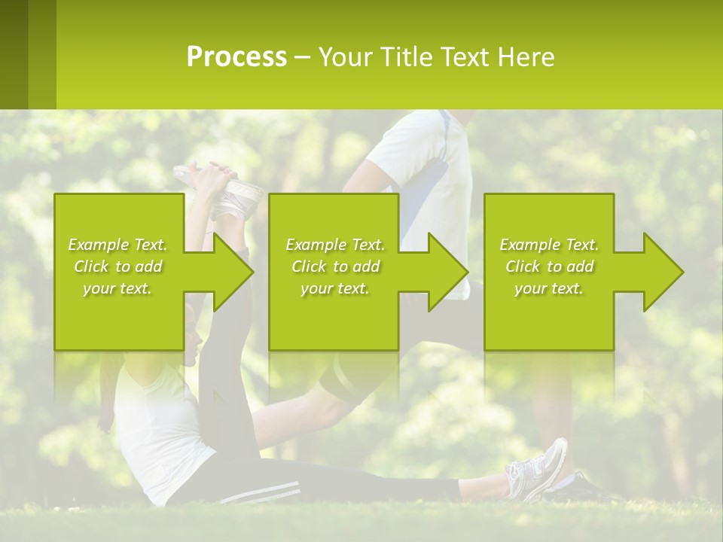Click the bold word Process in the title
[x=236, y=57]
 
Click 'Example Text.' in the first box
[x=117, y=245]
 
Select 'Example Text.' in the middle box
[x=335, y=245]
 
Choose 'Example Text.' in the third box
[x=549, y=245]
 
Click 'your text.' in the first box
[x=117, y=288]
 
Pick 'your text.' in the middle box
[x=335, y=288]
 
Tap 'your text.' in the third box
[x=549, y=288]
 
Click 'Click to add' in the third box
[x=549, y=266]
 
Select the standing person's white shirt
[x=422, y=166]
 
